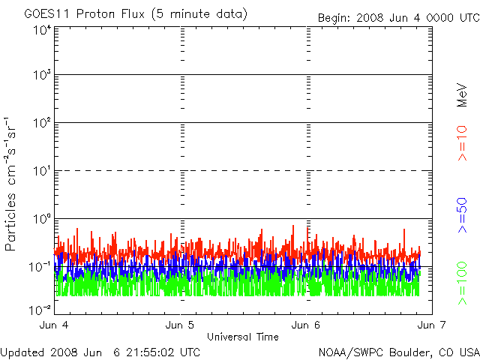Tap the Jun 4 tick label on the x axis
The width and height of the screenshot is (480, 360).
54,325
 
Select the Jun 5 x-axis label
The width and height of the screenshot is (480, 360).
180,325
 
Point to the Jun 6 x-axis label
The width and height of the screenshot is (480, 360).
306,325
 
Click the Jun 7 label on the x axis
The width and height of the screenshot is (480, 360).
430,325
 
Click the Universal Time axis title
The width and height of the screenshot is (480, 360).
242,336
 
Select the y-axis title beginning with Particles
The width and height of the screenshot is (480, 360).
12,184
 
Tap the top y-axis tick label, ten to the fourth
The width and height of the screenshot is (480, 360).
41,31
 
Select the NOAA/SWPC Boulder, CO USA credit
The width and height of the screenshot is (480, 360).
398,352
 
